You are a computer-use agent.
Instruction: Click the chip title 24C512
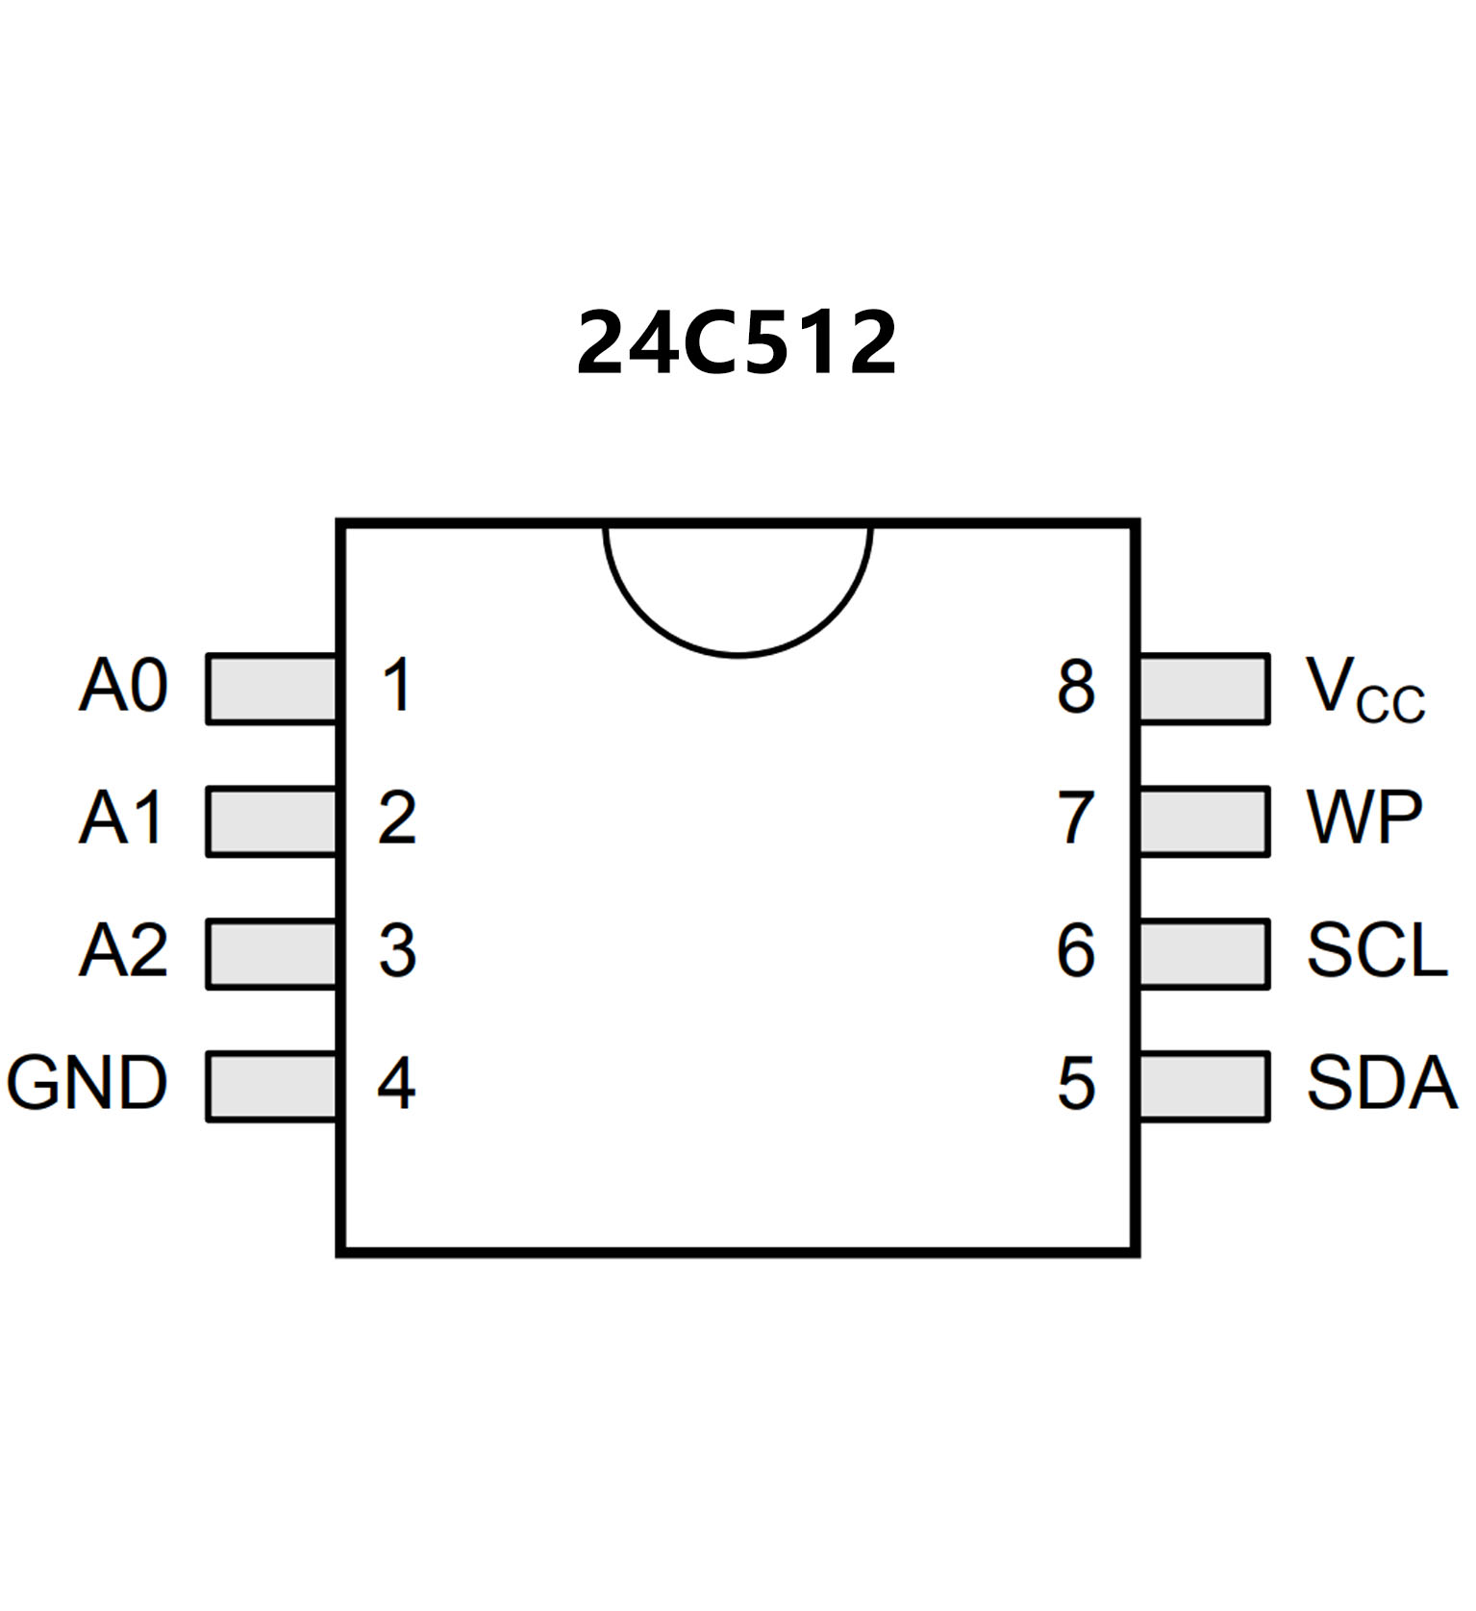(737, 342)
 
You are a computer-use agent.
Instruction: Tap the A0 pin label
(124, 686)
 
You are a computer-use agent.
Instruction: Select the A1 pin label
(122, 818)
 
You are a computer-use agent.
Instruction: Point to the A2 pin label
(124, 951)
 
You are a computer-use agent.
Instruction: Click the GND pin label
(88, 1083)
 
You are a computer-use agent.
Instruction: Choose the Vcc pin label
(1364, 690)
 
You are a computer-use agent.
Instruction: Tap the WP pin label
(1364, 818)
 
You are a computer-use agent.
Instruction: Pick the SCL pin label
(1377, 951)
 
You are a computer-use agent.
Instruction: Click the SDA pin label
(1382, 1083)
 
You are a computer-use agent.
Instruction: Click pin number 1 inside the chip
(397, 686)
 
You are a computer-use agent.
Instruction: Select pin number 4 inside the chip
(396, 1083)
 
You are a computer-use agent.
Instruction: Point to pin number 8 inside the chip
(1076, 687)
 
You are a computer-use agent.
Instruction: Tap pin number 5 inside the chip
(1076, 1084)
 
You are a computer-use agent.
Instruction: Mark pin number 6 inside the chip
(1076, 951)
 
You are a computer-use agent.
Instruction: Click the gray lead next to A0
(272, 689)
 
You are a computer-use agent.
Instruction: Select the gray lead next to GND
(272, 1087)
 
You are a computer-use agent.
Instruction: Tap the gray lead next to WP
(1204, 821)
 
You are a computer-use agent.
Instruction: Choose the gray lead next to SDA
(1204, 1087)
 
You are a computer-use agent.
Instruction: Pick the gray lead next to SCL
(1204, 954)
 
